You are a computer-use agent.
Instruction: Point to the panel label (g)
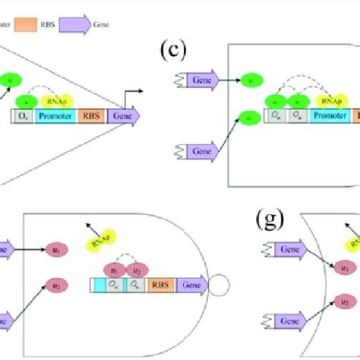pyautogui.click(x=270, y=220)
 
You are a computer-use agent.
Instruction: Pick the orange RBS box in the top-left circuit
pyautogui.click(x=91, y=117)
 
